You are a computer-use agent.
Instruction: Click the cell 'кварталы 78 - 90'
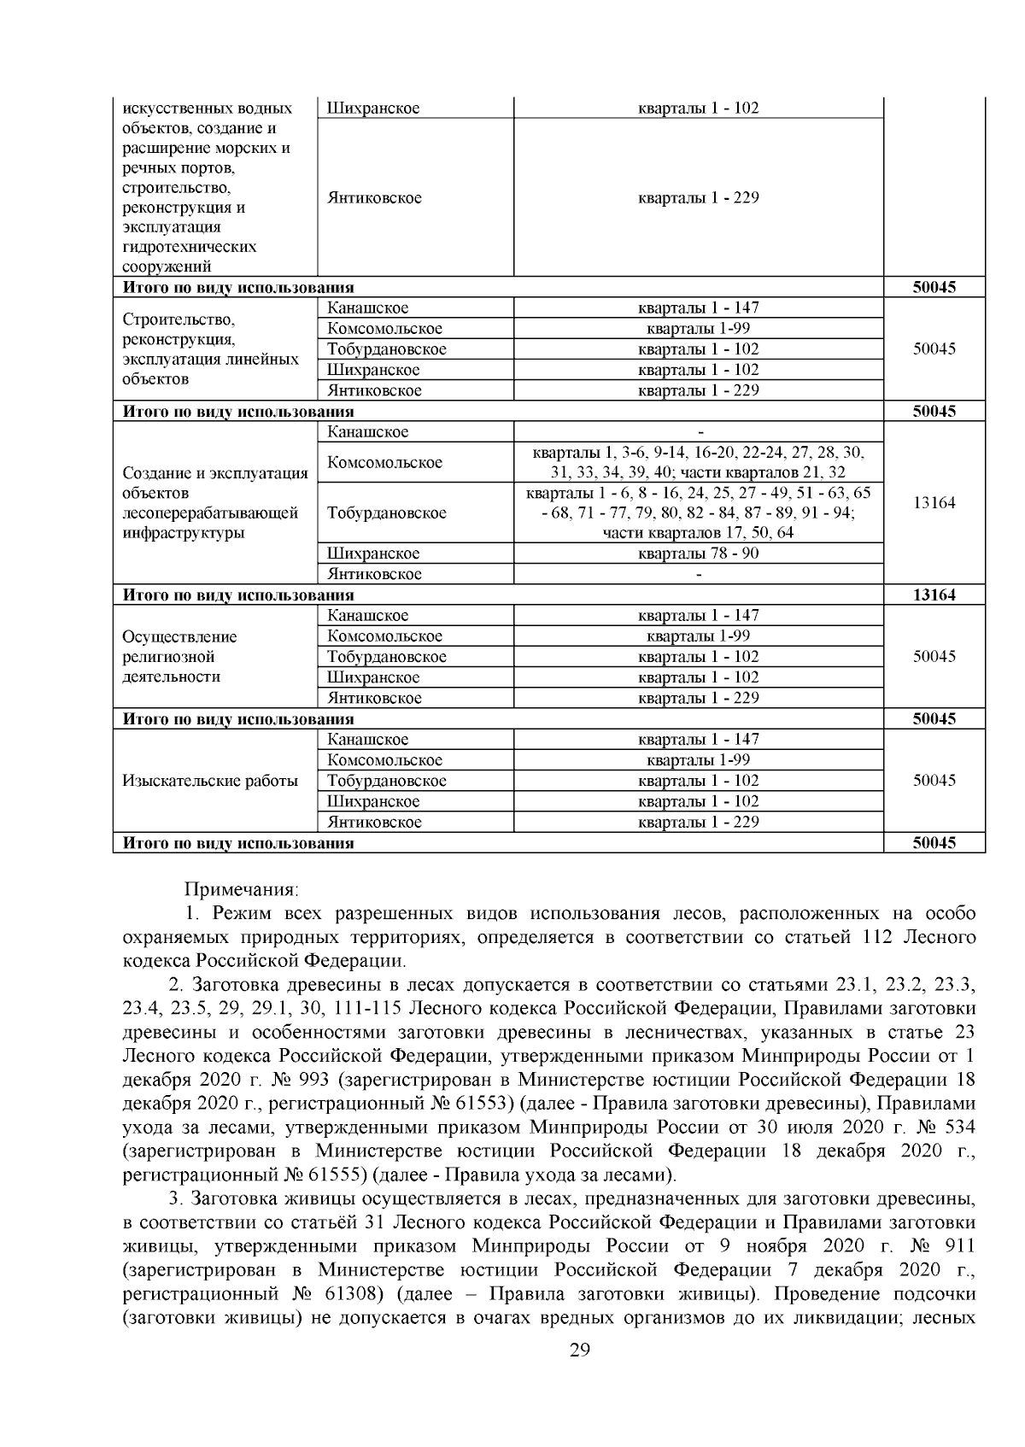(698, 554)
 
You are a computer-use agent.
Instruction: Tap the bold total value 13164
(934, 595)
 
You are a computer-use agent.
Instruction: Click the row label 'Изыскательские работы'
(210, 781)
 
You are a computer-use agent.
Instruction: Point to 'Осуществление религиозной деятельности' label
(181, 657)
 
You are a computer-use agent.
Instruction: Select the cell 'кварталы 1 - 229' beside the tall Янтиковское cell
(698, 198)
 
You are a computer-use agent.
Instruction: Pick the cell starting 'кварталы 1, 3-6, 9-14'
(698, 462)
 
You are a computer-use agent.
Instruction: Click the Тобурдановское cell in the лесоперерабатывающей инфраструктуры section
(386, 513)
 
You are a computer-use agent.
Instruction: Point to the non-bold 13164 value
(934, 503)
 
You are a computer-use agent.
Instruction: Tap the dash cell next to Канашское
(698, 432)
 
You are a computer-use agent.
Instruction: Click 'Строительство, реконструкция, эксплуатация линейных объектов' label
(210, 349)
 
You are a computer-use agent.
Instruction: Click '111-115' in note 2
(360, 1009)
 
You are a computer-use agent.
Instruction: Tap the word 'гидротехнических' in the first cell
(190, 247)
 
